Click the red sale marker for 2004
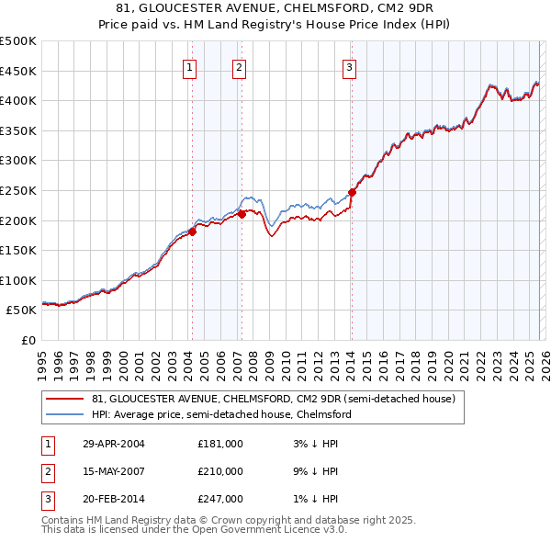point(193,231)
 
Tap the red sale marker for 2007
point(242,214)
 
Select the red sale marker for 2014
point(352,192)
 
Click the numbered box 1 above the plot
point(189,66)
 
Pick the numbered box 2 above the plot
point(239,66)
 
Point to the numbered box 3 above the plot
point(350,66)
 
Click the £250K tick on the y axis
point(18,190)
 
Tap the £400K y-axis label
point(18,100)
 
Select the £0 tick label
point(28,340)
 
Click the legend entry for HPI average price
point(220,414)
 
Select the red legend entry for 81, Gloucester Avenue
point(273,399)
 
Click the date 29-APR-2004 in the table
point(114,444)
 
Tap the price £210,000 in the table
point(220,471)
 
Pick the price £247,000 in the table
point(220,499)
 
